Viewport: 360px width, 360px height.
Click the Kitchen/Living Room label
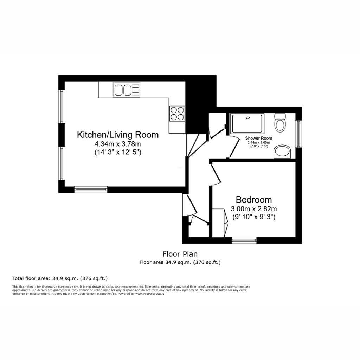(x=118, y=135)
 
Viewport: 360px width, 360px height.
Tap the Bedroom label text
(x=253, y=200)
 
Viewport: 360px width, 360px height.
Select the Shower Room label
(x=258, y=138)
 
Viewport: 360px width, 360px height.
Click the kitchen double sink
(x=126, y=90)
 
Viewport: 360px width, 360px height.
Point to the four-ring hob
(x=177, y=113)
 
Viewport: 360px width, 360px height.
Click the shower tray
(x=247, y=123)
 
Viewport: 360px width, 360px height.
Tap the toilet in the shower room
(x=280, y=123)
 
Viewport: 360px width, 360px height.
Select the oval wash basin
(x=282, y=152)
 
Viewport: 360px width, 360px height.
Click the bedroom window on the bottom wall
(x=244, y=240)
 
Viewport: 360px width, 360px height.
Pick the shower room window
(x=298, y=134)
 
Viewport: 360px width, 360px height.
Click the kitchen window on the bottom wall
(x=91, y=189)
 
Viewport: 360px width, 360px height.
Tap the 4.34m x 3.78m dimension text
(x=118, y=144)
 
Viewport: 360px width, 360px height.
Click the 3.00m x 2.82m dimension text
(x=253, y=209)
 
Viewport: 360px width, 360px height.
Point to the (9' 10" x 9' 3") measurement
(x=253, y=217)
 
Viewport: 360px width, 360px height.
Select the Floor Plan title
(x=180, y=254)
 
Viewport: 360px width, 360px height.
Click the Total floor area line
(x=60, y=278)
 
